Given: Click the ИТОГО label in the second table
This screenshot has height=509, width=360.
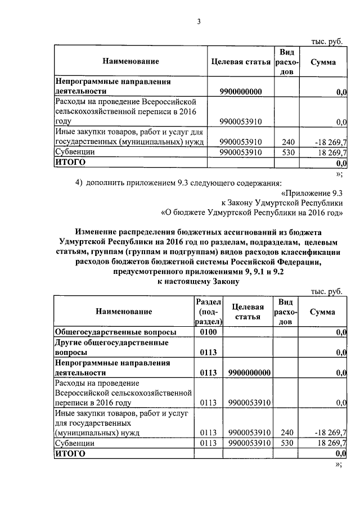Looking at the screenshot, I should [70, 453].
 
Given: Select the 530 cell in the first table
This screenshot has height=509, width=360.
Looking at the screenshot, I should [287, 152].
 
